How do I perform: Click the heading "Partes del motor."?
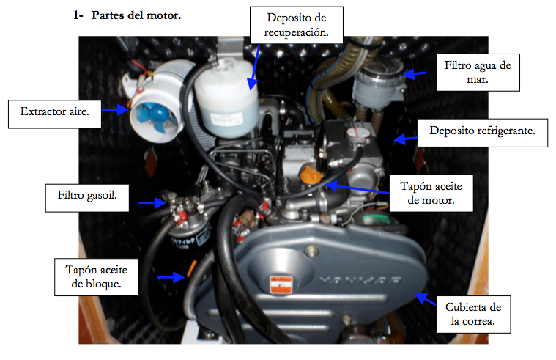pyautogui.click(x=136, y=15)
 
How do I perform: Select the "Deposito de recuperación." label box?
pyautogui.click(x=297, y=25)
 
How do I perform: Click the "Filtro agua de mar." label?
pyautogui.click(x=478, y=73)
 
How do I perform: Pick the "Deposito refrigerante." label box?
pyautogui.click(x=482, y=133)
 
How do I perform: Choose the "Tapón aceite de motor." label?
pyautogui.click(x=431, y=193)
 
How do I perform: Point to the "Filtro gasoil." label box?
pyautogui.click(x=87, y=198)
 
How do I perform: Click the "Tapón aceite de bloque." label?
pyautogui.click(x=96, y=277)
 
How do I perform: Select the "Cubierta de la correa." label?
pyautogui.click(x=473, y=315)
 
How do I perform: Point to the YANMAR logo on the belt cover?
pyautogui.click(x=360, y=281)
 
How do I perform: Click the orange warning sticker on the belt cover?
pyautogui.click(x=281, y=284)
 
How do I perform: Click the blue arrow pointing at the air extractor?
pyautogui.click(x=116, y=110)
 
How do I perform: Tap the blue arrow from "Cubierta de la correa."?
pyautogui.click(x=426, y=298)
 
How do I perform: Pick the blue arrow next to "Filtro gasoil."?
pyautogui.click(x=152, y=202)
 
